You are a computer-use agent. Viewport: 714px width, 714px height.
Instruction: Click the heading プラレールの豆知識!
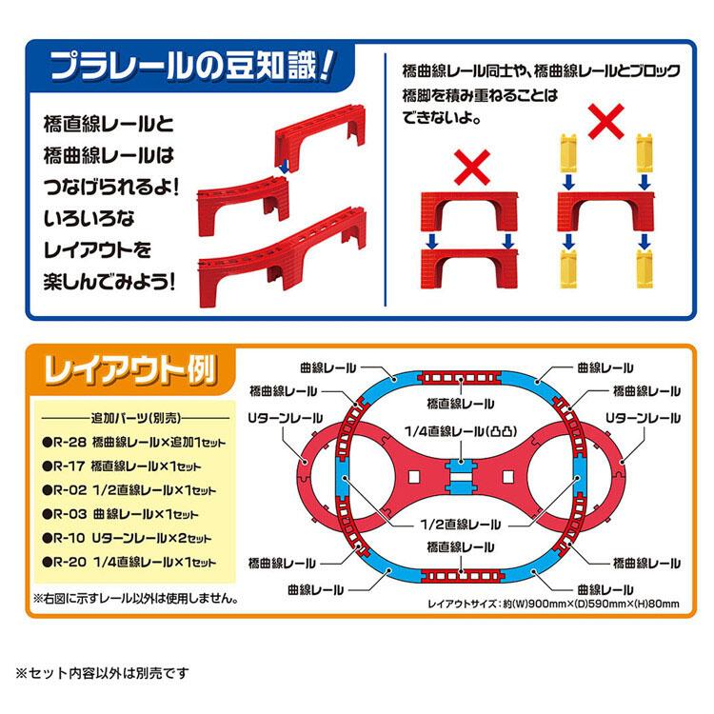click(192, 67)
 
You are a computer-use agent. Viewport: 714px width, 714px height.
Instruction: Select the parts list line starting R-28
click(134, 442)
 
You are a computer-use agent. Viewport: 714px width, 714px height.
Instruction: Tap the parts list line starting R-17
click(122, 466)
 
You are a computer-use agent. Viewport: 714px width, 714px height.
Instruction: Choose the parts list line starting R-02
click(129, 490)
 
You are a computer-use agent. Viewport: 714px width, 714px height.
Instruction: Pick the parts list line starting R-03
click(120, 514)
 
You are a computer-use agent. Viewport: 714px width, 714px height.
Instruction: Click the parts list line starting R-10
click(127, 538)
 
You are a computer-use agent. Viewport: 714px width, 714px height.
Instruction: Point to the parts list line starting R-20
click(129, 562)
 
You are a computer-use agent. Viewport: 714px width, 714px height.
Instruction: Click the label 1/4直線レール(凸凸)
click(461, 431)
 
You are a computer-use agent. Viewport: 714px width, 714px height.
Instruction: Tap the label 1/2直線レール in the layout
click(460, 525)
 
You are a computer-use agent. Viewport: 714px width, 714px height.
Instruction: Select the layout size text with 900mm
click(553, 604)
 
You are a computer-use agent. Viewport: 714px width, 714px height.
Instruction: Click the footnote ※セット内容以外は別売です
click(102, 673)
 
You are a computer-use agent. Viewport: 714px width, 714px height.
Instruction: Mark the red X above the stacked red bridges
click(472, 168)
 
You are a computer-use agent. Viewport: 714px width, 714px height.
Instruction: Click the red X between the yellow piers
click(605, 121)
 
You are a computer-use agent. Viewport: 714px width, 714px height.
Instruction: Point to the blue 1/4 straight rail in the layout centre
click(461, 477)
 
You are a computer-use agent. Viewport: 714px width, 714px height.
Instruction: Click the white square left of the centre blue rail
click(413, 477)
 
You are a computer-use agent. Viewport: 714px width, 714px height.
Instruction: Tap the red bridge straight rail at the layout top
click(460, 378)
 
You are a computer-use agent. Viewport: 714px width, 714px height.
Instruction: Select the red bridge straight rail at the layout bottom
click(462, 576)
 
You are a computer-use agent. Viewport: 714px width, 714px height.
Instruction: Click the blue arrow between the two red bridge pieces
click(284, 167)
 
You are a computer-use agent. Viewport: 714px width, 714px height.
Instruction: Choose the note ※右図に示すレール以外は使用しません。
click(135, 599)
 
